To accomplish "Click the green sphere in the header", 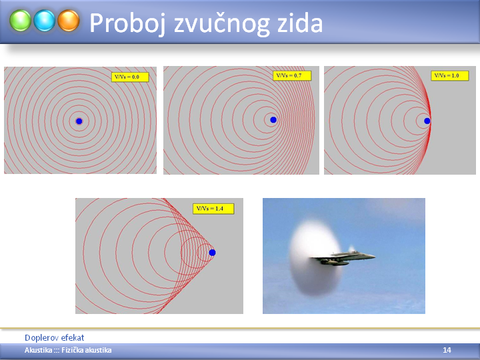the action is click(20, 21).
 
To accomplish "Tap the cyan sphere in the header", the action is click(45, 21).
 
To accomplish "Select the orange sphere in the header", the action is click(68, 21).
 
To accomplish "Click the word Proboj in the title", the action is click(127, 23).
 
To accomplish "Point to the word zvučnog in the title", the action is click(221, 25).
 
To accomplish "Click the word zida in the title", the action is click(300, 23).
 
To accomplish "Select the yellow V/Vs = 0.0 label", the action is click(130, 77).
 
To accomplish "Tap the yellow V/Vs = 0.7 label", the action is click(292, 75).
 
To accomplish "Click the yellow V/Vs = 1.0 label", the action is click(450, 75).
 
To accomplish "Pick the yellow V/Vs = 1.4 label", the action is click(213, 209).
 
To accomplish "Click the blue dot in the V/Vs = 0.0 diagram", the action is click(79, 121).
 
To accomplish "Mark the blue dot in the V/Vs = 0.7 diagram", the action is click(273, 120).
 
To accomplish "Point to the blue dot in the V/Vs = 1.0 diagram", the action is click(427, 121).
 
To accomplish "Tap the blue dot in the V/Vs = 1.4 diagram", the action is click(212, 253).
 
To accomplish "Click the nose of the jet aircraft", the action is click(374, 257).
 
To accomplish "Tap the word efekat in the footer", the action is click(73, 337).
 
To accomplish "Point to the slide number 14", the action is click(447, 350).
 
